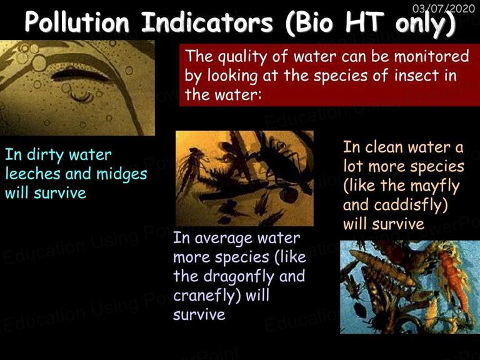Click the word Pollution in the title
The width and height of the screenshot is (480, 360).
coord(77,22)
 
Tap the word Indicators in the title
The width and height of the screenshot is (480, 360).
coord(207,22)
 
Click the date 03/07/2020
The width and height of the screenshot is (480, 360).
coord(444,8)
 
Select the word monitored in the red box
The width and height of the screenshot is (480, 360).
coord(431,56)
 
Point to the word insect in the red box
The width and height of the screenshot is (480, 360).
coord(415,75)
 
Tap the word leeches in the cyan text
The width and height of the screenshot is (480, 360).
coord(32,174)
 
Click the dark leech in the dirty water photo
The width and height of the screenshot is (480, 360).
coord(79,75)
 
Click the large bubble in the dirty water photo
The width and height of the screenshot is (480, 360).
coord(39,62)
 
